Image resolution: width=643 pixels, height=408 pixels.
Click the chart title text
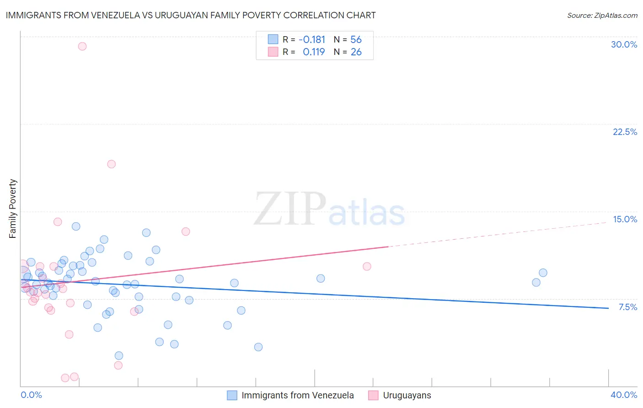(191, 15)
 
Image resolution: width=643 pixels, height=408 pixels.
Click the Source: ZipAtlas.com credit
(602, 15)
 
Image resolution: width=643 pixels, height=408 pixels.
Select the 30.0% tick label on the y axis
(624, 44)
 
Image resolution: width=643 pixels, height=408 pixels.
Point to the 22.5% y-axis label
(625, 132)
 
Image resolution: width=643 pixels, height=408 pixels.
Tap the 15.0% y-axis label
(625, 219)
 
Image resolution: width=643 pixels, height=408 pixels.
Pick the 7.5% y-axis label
(627, 307)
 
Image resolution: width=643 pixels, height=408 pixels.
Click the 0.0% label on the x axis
(31, 395)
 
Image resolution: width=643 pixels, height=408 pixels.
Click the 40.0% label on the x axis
(623, 395)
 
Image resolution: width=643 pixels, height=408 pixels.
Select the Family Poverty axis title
(13, 209)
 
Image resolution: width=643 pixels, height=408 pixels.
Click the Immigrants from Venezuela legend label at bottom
(297, 395)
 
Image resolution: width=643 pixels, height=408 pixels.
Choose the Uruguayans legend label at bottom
(407, 395)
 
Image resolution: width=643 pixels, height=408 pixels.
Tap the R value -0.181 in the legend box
(312, 40)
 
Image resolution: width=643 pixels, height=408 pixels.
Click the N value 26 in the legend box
(356, 52)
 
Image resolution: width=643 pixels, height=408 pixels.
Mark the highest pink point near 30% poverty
(82, 46)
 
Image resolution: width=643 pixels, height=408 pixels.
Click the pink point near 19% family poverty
(112, 164)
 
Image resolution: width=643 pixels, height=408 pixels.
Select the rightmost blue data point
(543, 273)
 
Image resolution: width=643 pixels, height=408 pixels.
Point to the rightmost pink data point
(367, 267)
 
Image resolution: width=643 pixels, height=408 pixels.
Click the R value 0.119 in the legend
(314, 52)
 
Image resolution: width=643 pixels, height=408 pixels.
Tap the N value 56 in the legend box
(356, 40)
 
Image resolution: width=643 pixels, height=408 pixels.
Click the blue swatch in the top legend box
(273, 39)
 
